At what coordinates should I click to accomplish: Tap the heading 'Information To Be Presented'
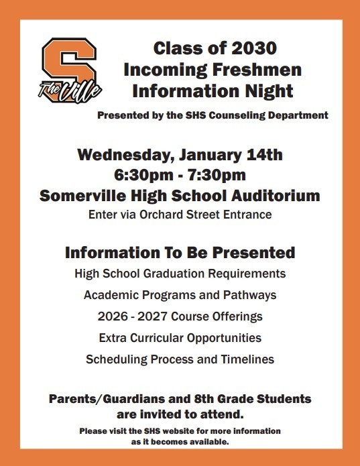coord(180,253)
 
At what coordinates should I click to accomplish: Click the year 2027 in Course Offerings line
coord(161,316)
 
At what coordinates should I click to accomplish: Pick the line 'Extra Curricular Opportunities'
coord(180,337)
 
